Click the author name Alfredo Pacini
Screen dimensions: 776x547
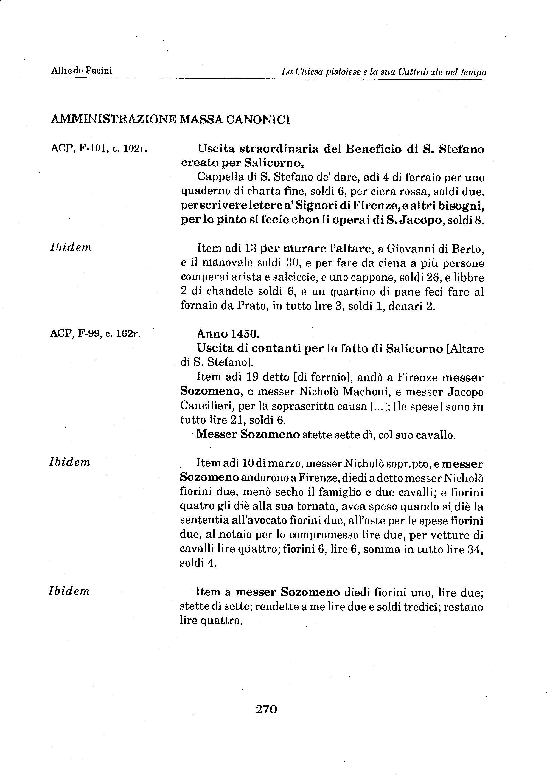(x=82, y=70)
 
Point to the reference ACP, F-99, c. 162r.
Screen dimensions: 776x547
(x=95, y=334)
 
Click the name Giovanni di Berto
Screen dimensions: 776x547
(x=435, y=249)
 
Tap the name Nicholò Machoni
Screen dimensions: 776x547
(x=342, y=392)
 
